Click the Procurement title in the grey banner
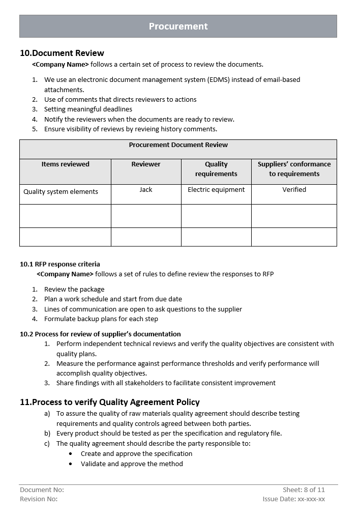pyautogui.click(x=178, y=26)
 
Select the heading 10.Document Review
pyautogui.click(x=62, y=53)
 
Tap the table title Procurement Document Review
pyautogui.click(x=178, y=145)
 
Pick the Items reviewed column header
pyautogui.click(x=65, y=164)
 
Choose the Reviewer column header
pyautogui.click(x=146, y=164)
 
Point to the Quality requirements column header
pyautogui.click(x=216, y=169)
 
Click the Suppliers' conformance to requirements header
pyautogui.click(x=294, y=169)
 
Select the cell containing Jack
pyautogui.click(x=146, y=190)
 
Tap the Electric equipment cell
pyautogui.click(x=216, y=190)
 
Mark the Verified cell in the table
pyautogui.click(x=294, y=190)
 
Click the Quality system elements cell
pyautogui.click(x=61, y=192)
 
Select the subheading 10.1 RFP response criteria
pyautogui.click(x=60, y=264)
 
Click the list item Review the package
pyautogui.click(x=74, y=290)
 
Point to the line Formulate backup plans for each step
pyautogui.click(x=101, y=319)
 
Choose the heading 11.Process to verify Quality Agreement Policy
pyautogui.click(x=110, y=402)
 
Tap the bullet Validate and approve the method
pyautogui.click(x=132, y=464)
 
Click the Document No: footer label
pyautogui.click(x=42, y=490)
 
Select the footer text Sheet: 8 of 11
pyautogui.click(x=304, y=490)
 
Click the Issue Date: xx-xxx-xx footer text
pyautogui.click(x=293, y=499)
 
